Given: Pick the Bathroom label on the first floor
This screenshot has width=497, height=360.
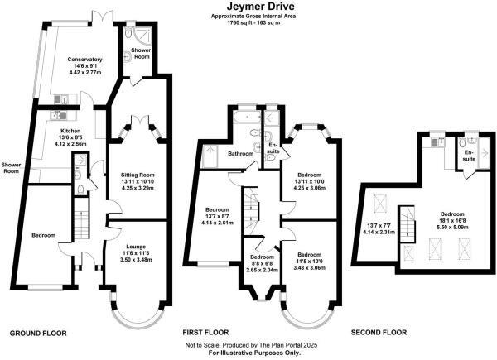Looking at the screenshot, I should (240, 154).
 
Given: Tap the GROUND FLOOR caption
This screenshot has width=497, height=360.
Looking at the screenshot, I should (37, 333).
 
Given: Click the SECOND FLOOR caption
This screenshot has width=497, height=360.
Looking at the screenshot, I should (379, 333).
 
